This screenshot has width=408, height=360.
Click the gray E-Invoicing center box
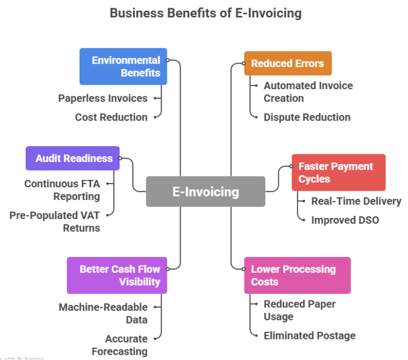click(x=205, y=192)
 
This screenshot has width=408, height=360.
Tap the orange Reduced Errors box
click(x=287, y=64)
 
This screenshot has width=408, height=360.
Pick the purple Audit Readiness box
click(x=73, y=158)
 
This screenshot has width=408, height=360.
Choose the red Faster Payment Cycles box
click(x=338, y=173)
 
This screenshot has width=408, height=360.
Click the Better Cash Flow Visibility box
click(x=117, y=275)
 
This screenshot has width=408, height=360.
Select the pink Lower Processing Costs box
click(x=297, y=275)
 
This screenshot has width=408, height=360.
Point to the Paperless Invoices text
click(x=103, y=98)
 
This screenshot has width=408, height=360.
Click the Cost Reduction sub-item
click(x=111, y=117)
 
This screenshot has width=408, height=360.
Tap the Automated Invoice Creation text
click(x=308, y=92)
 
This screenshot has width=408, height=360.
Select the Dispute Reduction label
click(x=307, y=117)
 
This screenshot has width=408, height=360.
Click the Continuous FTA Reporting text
click(x=62, y=190)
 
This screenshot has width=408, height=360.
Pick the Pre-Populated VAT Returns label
click(x=55, y=222)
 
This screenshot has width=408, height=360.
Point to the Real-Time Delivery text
click(x=356, y=201)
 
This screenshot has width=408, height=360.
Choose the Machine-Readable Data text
click(x=103, y=313)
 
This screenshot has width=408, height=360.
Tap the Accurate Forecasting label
click(x=120, y=345)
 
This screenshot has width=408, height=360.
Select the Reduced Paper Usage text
click(x=299, y=310)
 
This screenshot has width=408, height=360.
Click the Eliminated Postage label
click(x=309, y=336)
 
